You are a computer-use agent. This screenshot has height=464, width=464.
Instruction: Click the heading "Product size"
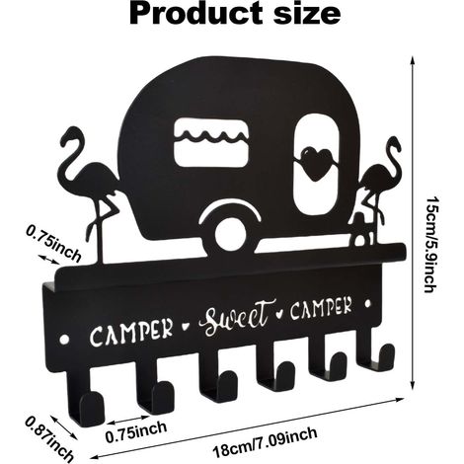pos(235,13)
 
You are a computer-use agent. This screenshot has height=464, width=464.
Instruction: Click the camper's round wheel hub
pos(231,234)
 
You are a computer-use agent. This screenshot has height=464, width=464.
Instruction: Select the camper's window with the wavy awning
pos(210,142)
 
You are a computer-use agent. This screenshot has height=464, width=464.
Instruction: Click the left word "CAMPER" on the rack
pos(131,332)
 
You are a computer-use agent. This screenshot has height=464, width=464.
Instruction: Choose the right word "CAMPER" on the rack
pos(321,308)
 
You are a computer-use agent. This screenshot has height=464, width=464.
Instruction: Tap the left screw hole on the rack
pos(65,339)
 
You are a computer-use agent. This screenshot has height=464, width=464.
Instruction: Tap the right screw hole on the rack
pos(368,303)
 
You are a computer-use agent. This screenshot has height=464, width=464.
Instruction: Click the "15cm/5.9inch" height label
pos(431,245)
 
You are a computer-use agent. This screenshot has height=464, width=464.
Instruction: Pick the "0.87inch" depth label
pos(49,438)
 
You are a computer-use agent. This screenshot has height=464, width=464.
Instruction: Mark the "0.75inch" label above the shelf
pos(53,244)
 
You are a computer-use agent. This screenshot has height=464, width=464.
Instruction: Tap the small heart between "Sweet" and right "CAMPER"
pos(279,313)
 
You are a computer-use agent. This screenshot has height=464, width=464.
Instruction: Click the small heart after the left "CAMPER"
pos(186,327)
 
